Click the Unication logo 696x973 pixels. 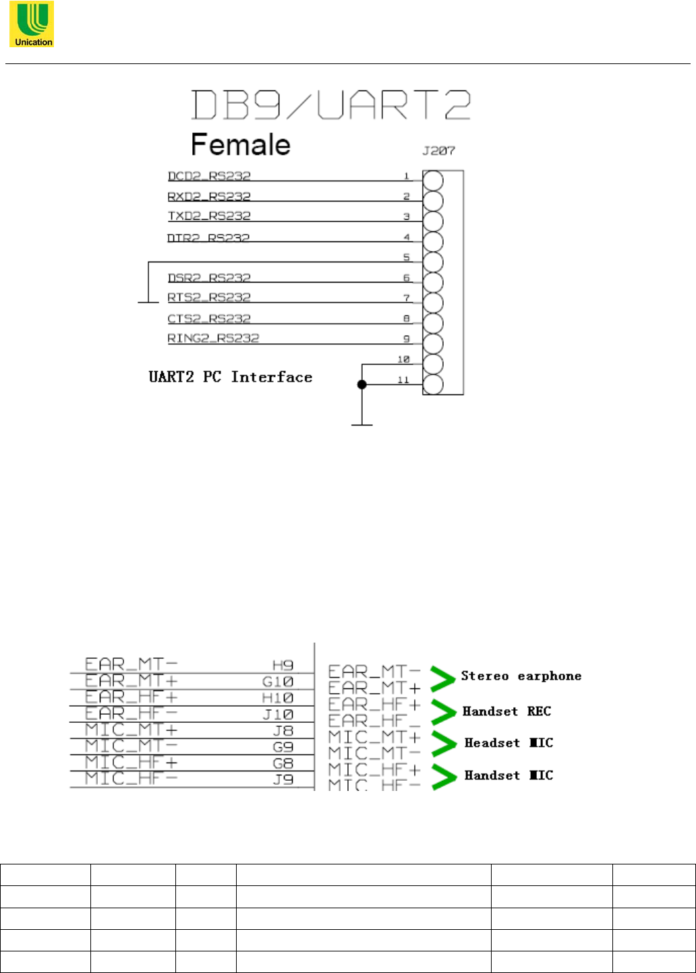(x=32, y=24)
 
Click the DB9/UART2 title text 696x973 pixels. (x=330, y=106)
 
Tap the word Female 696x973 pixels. (x=241, y=144)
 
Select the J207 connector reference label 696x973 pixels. (x=438, y=151)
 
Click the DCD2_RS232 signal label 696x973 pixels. (x=209, y=176)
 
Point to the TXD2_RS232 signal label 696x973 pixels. (x=209, y=216)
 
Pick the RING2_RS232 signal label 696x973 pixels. (x=213, y=338)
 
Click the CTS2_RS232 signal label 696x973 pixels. (x=209, y=318)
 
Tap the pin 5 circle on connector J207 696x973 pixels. (x=433, y=262)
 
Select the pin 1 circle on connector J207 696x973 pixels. (x=433, y=181)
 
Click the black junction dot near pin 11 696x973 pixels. (x=362, y=384)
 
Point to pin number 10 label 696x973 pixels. (x=403, y=360)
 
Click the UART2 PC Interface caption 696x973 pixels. (x=231, y=377)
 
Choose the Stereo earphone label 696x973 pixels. (x=521, y=676)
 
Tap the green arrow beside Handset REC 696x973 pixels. (x=443, y=711)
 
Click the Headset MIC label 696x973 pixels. (x=509, y=743)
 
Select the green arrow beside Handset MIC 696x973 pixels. (x=443, y=777)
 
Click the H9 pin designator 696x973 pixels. (x=283, y=666)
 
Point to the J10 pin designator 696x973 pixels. (x=278, y=715)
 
